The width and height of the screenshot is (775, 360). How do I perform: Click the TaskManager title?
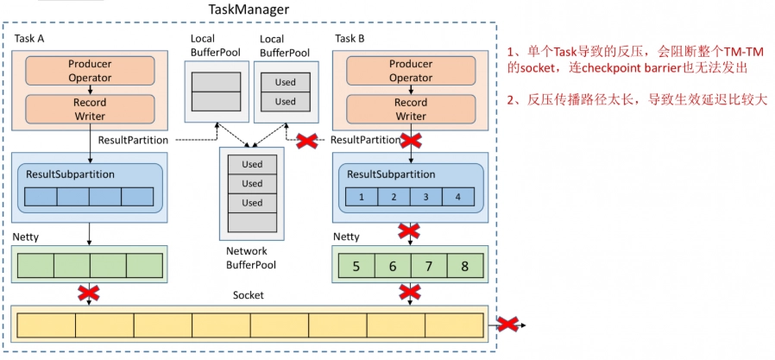[x=248, y=9]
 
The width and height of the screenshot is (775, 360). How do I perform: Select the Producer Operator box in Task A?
[x=90, y=71]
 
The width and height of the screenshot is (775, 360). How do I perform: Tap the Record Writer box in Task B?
[x=411, y=110]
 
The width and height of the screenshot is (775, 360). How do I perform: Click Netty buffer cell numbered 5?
[x=356, y=267]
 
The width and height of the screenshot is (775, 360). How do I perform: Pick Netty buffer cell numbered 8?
[x=464, y=267]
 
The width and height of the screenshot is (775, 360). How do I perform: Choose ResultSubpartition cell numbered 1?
[x=362, y=197]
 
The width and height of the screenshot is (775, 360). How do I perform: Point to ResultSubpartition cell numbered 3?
[x=426, y=197]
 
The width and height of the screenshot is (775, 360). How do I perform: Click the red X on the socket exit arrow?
[x=507, y=325]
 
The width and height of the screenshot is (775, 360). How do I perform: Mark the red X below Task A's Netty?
[x=89, y=293]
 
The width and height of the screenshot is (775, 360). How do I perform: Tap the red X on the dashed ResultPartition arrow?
[x=306, y=141]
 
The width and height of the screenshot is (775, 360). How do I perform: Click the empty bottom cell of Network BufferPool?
[x=252, y=222]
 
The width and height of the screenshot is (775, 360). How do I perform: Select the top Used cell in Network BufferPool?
[x=252, y=164]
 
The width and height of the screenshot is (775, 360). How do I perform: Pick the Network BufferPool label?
[x=251, y=257]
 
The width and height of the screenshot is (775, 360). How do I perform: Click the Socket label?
[x=248, y=295]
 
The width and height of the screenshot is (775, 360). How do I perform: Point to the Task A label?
[x=29, y=38]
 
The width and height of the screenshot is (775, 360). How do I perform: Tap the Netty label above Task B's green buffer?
[x=347, y=237]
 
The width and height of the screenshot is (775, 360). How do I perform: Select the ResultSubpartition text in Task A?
[x=70, y=174]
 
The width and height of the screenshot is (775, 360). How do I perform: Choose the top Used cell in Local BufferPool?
[x=285, y=82]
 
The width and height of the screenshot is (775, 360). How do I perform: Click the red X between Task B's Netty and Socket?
[x=410, y=293]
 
